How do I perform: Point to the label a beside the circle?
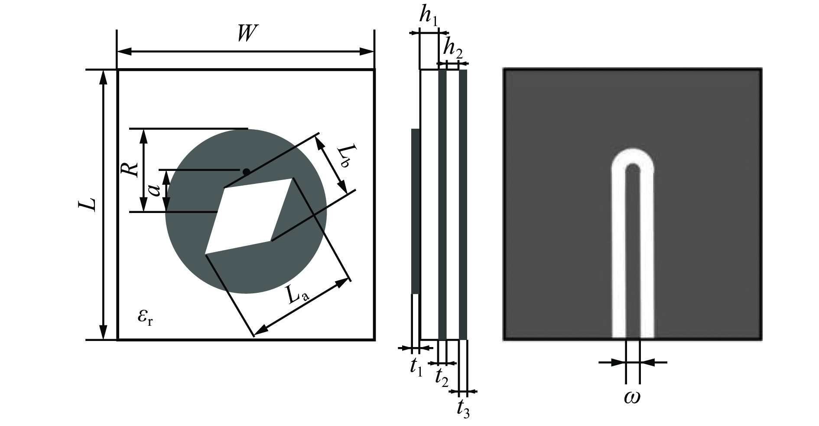pyautogui.click(x=155, y=190)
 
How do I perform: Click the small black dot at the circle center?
pyautogui.click(x=246, y=172)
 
